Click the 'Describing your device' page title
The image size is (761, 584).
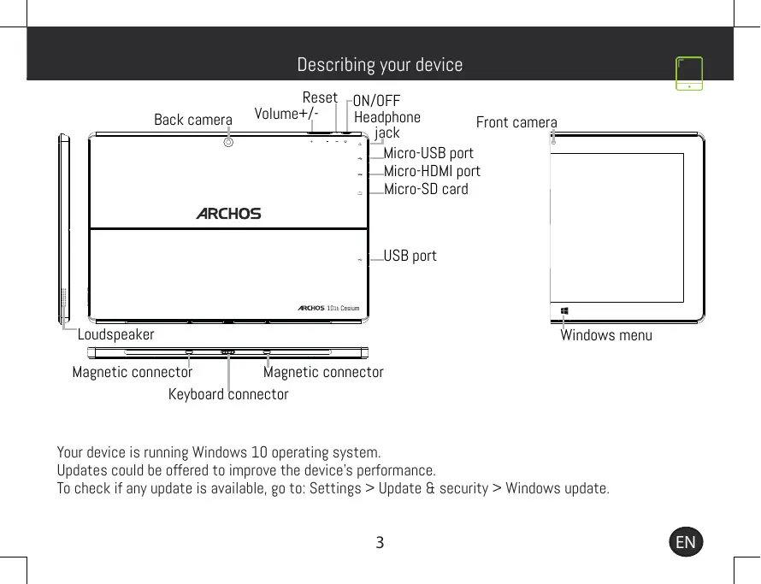380,65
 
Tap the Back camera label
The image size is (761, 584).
192,120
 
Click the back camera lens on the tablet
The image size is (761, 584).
228,143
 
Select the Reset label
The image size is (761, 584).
320,97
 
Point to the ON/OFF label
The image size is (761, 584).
377,101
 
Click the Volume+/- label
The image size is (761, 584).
286,114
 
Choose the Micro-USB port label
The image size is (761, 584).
428,154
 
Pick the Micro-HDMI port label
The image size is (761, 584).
432,172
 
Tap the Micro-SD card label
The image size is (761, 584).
426,189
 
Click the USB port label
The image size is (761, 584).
410,256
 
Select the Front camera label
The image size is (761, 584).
516,123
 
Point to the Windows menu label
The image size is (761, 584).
605,335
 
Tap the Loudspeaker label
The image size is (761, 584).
115,334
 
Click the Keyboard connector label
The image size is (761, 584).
228,394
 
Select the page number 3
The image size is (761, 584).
380,542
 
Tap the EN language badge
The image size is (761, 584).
685,542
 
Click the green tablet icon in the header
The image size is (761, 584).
689,74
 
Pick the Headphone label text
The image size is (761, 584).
387,117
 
